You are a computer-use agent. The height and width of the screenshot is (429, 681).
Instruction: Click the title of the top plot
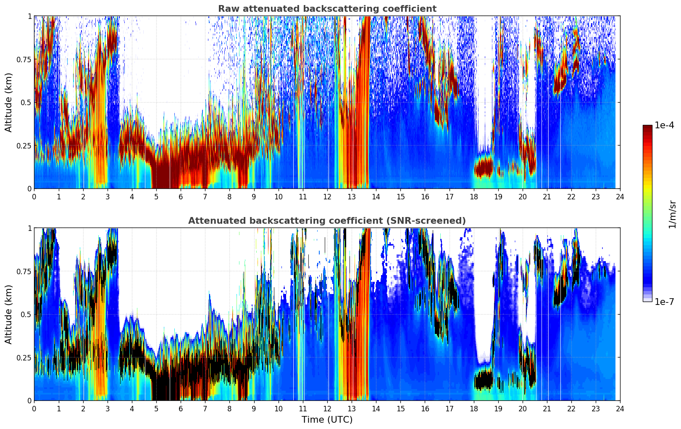pyautogui.click(x=327, y=9)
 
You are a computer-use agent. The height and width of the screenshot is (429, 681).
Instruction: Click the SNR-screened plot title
pyautogui.click(x=327, y=221)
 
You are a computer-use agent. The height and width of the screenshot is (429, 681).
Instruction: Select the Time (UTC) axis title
pyautogui.click(x=327, y=420)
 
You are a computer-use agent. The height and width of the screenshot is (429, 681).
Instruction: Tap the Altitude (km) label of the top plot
pyautogui.click(x=9, y=102)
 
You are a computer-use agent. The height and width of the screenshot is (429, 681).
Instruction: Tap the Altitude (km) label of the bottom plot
pyautogui.click(x=9, y=314)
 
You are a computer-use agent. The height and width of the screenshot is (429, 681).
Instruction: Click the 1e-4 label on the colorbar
pyautogui.click(x=664, y=125)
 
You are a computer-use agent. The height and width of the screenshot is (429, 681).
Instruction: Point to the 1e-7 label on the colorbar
pyautogui.click(x=664, y=302)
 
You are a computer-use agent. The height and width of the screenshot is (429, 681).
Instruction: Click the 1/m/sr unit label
pyautogui.click(x=672, y=214)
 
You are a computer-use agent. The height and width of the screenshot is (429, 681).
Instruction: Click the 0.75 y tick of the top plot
pyautogui.click(x=24, y=59)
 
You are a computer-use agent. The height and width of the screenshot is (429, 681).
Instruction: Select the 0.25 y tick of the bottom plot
pyautogui.click(x=24, y=357)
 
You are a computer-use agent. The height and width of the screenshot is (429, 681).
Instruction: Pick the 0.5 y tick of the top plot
pyautogui.click(x=26, y=102)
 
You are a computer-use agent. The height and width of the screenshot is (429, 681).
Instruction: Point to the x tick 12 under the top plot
pyautogui.click(x=327, y=196)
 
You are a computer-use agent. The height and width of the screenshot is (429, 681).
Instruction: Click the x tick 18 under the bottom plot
pyautogui.click(x=473, y=408)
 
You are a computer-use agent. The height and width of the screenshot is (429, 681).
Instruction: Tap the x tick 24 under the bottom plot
pyautogui.click(x=620, y=408)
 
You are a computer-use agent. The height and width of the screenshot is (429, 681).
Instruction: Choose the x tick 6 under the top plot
pyautogui.click(x=181, y=196)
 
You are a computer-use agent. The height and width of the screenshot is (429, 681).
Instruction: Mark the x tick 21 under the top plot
pyautogui.click(x=547, y=196)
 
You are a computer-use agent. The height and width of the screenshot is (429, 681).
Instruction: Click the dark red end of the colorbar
pyautogui.click(x=647, y=127)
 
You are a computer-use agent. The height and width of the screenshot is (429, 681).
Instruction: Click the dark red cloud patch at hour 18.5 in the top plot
pyautogui.click(x=484, y=167)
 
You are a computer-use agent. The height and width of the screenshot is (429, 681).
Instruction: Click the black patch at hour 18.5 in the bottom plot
pyautogui.click(x=484, y=380)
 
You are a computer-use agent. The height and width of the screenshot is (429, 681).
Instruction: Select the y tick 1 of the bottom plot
pyautogui.click(x=29, y=228)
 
